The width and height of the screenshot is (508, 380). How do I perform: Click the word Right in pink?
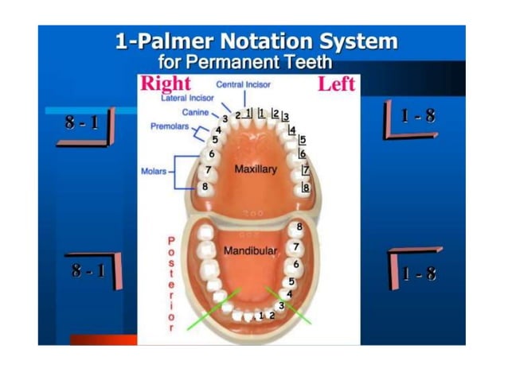tap(166, 84)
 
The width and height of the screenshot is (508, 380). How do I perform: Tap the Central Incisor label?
tap(244, 83)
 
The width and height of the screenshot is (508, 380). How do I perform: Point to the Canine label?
tap(195, 113)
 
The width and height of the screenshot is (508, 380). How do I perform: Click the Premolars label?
tap(169, 126)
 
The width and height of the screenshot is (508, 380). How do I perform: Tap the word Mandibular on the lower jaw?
tap(250, 251)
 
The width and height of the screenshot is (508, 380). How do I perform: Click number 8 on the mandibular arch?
tap(299, 227)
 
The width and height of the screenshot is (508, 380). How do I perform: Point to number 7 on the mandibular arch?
tap(295, 247)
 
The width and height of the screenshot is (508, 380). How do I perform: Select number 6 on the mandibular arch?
tap(296, 264)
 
